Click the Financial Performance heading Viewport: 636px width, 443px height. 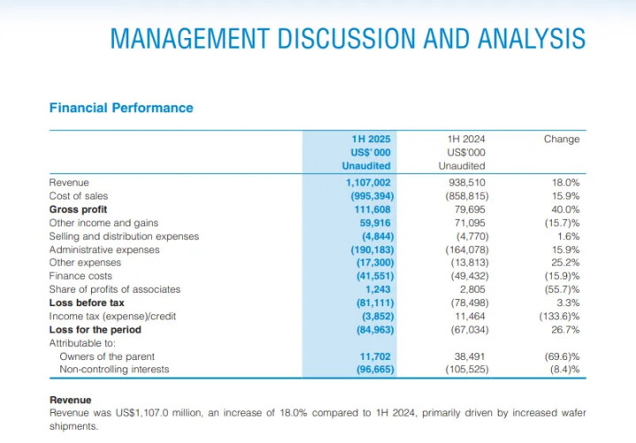[x=121, y=108]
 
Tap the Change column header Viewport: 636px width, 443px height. [x=562, y=139]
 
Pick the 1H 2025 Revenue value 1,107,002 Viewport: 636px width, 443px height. [x=368, y=183]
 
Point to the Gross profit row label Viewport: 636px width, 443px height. [x=79, y=210]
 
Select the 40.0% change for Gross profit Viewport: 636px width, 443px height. [x=565, y=210]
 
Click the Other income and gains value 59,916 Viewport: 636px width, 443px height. [x=375, y=223]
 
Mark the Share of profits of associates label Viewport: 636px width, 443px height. [x=115, y=289]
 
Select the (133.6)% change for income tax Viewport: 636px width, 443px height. [x=559, y=316]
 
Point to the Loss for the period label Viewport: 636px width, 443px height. [x=95, y=330]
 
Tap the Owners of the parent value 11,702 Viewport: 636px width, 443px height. [x=375, y=357]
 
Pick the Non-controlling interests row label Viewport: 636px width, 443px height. [x=114, y=370]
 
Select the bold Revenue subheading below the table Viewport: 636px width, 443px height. [x=71, y=400]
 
